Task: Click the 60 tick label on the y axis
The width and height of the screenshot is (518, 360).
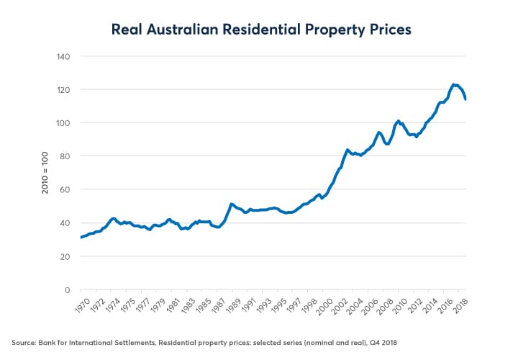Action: pos(63,189)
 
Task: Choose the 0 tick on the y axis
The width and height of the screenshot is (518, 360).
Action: pos(65,290)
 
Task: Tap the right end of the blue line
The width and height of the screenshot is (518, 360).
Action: pos(466,99)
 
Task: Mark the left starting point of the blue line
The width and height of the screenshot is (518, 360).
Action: pos(81,237)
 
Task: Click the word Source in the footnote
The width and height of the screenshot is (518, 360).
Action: pos(22,341)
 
